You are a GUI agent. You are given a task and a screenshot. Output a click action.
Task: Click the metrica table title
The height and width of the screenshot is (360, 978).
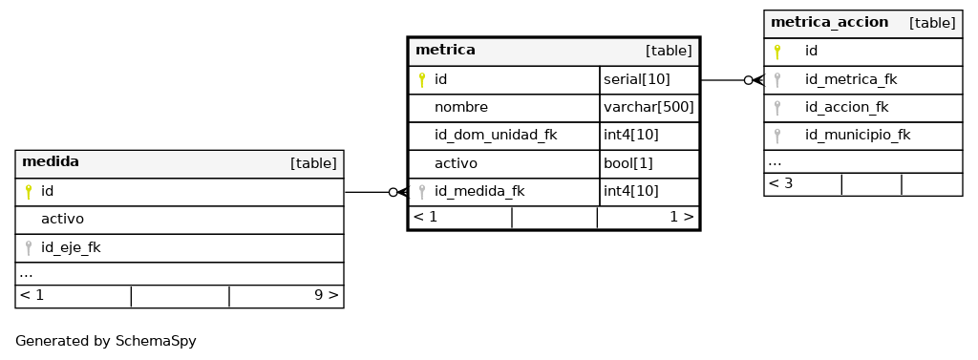(445, 50)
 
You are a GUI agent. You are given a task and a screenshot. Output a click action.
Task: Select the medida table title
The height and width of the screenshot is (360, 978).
(51, 162)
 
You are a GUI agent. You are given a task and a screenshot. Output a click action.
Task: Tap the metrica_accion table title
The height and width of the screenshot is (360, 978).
(830, 23)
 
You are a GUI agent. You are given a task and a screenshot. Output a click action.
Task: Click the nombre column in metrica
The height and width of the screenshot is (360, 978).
(461, 107)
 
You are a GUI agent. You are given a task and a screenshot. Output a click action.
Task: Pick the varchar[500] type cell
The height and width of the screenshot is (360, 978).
(648, 107)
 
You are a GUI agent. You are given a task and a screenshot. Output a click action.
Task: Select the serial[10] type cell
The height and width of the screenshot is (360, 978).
(637, 79)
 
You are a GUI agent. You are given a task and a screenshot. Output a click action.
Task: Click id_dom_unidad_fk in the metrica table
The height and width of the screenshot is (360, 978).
(496, 135)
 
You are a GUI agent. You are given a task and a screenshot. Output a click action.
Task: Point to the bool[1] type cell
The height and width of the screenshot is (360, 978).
(628, 163)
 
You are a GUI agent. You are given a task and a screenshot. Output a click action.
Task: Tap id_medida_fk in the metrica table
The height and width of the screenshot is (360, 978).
(479, 192)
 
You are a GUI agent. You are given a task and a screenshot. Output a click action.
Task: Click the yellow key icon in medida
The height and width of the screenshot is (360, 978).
(28, 192)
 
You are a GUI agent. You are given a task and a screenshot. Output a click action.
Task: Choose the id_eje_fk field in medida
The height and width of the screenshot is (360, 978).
(71, 247)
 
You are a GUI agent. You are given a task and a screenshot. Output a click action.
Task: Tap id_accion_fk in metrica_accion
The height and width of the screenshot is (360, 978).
(846, 107)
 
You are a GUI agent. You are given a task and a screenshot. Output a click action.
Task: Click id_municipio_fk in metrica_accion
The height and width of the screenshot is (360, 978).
(858, 135)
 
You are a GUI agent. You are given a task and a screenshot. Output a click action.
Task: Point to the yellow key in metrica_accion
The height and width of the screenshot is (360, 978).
(777, 52)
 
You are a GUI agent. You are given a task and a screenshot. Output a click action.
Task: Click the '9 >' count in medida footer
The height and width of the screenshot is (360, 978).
(327, 295)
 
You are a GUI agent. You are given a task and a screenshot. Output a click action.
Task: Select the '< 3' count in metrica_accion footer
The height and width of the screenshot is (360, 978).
(780, 183)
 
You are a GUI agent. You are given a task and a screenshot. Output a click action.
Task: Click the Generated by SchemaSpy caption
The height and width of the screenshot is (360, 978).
(105, 341)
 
